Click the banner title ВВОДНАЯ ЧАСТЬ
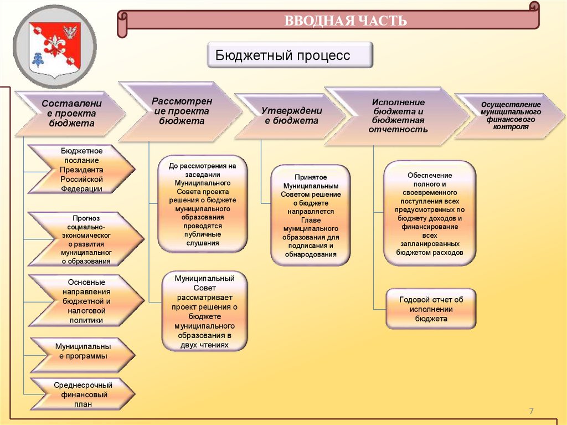pyautogui.click(x=346, y=22)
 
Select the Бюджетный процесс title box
pyautogui.click(x=290, y=56)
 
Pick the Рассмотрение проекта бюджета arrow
pyautogui.click(x=178, y=111)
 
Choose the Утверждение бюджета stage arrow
pyautogui.click(x=291, y=115)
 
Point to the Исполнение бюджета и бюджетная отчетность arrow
pyautogui.click(x=398, y=116)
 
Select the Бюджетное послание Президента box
pyautogui.click(x=81, y=170)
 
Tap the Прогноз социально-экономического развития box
pyautogui.click(x=85, y=239)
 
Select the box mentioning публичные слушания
pyautogui.click(x=203, y=204)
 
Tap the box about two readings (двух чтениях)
pyautogui.click(x=204, y=311)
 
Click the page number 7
pyautogui.click(x=531, y=411)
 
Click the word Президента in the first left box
pyautogui.click(x=81, y=170)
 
